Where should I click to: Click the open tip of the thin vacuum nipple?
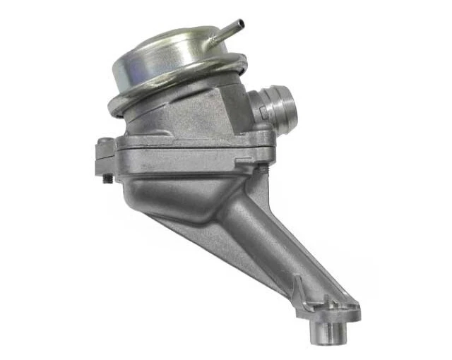(240, 23)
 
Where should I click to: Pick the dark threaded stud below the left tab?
(108, 178)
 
